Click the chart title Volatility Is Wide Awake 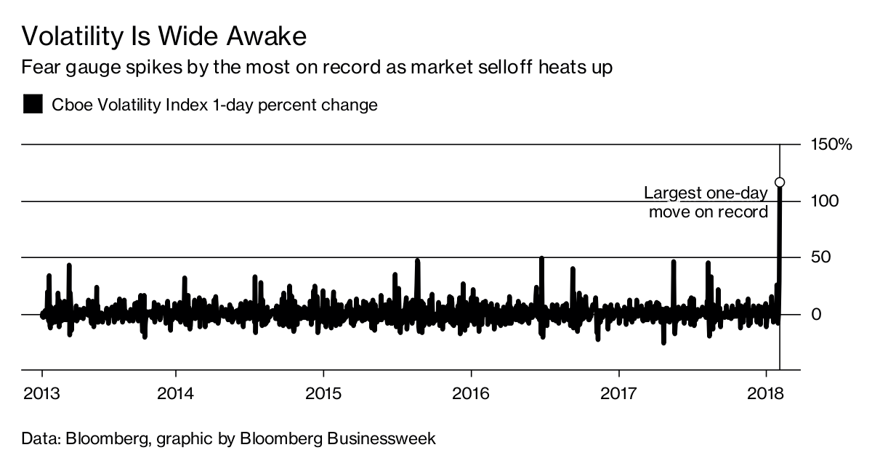pos(163,36)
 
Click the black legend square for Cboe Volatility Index pos(33,105)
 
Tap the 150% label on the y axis pos(830,145)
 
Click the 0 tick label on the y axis pos(815,314)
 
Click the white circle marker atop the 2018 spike pos(780,182)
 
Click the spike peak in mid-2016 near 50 pos(541,259)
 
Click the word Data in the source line pos(41,438)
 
